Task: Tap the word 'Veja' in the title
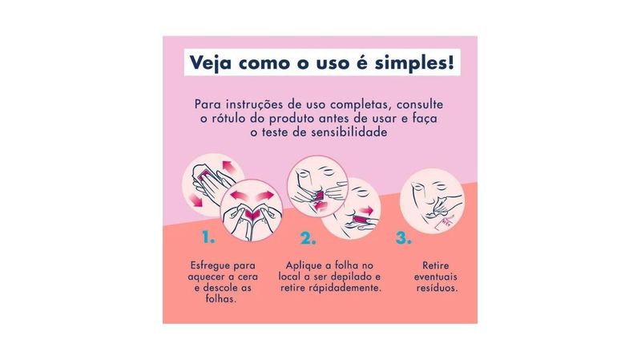point(210,63)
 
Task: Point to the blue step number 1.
point(208,237)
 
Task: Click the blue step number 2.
point(308,237)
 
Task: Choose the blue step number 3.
point(403,237)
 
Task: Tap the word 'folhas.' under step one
point(221,298)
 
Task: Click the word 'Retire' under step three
point(435,265)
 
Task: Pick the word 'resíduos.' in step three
point(437,288)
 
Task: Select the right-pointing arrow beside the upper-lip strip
point(367,211)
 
